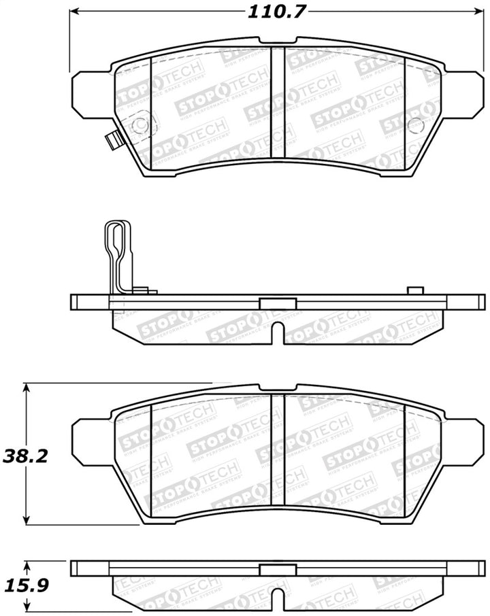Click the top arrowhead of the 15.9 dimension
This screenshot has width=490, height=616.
coord(27,564)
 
